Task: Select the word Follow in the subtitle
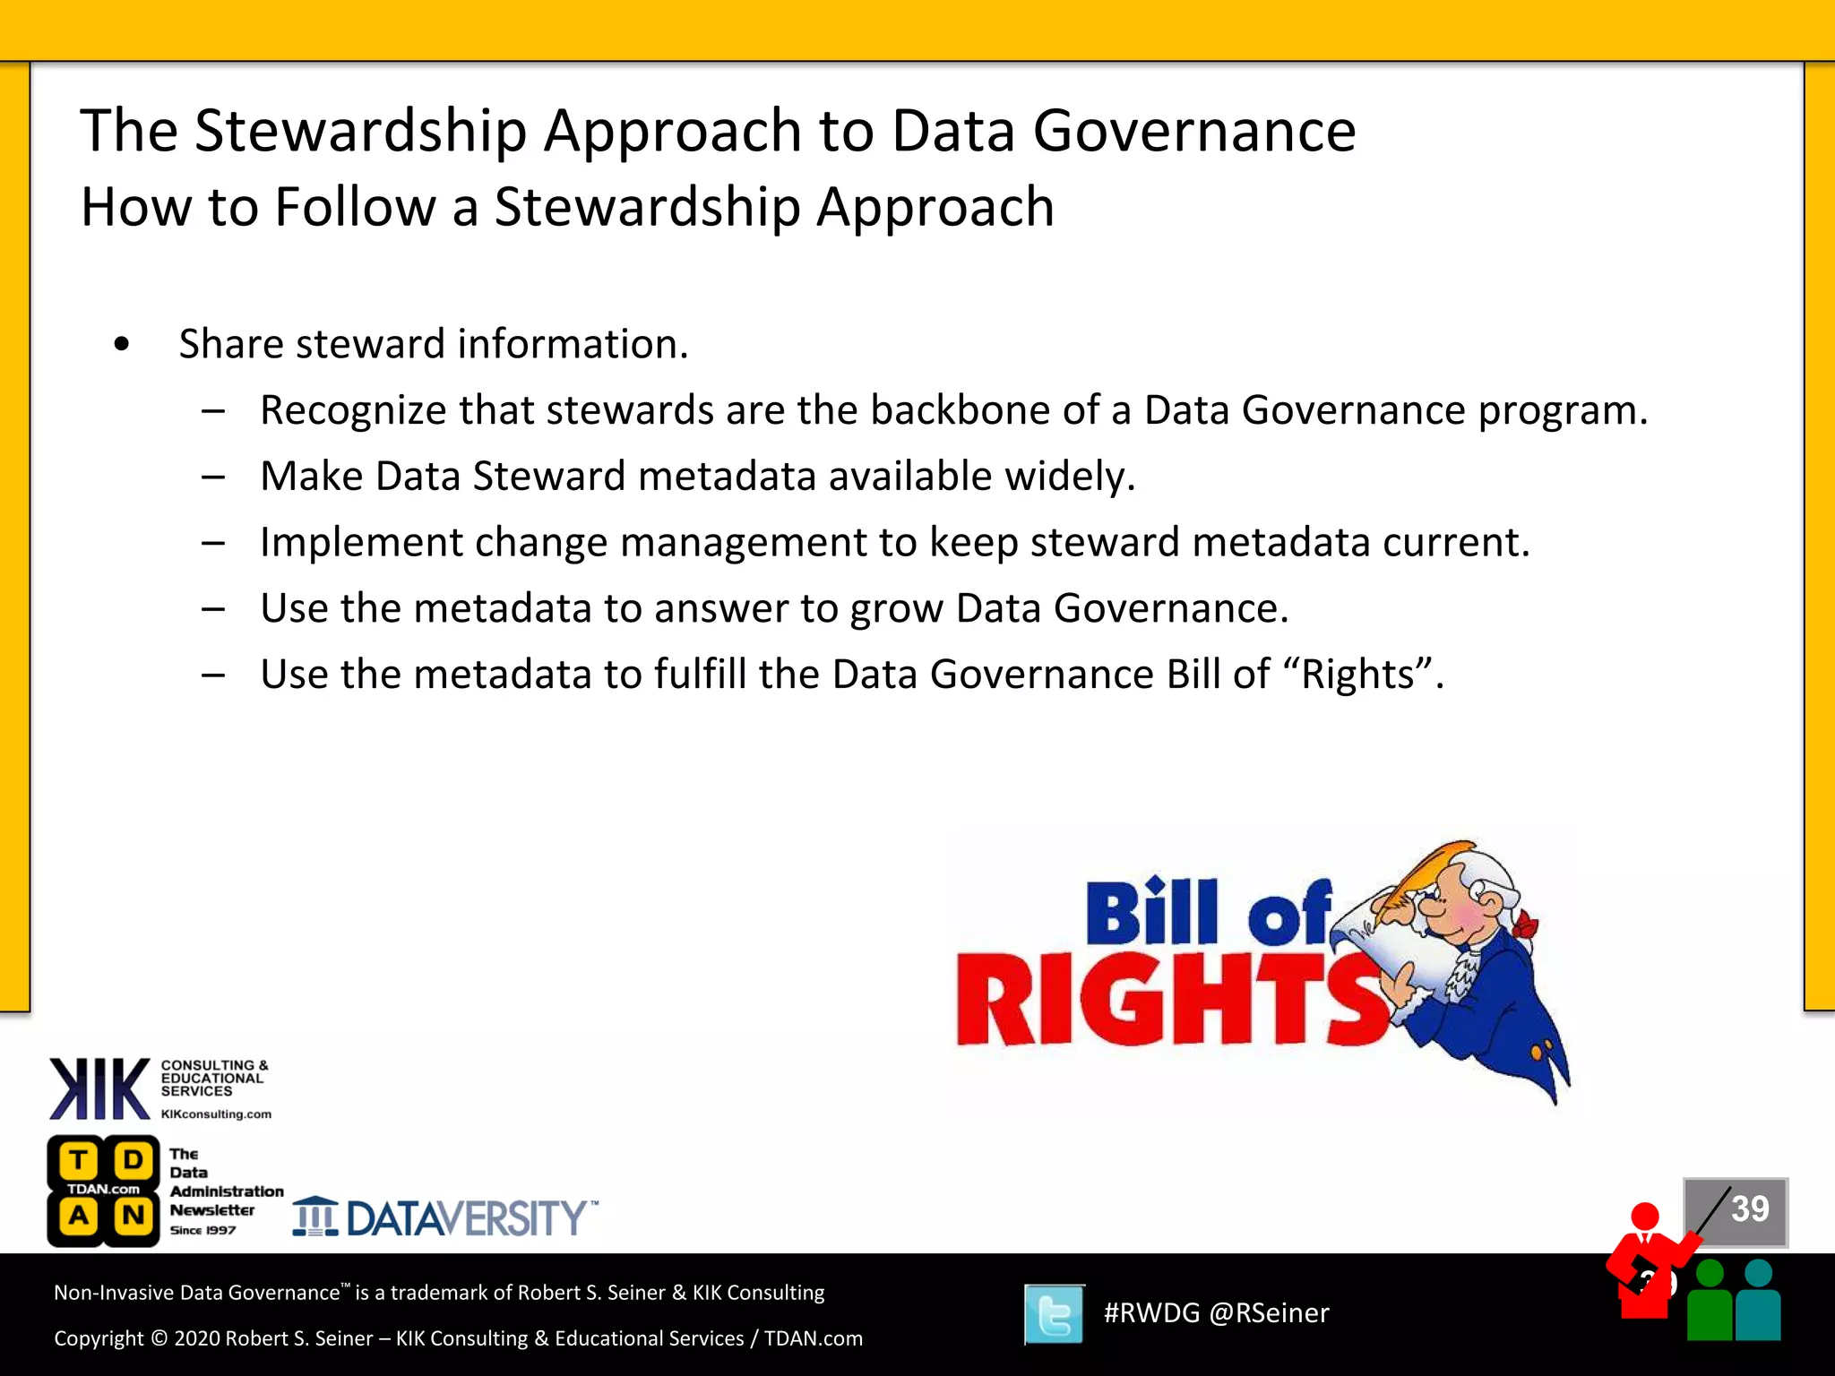coord(355,208)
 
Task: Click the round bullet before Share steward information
coord(122,344)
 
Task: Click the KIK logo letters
coord(99,1088)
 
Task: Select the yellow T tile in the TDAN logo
coord(79,1161)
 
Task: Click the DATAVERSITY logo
coord(445,1218)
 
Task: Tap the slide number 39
coord(1749,1209)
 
